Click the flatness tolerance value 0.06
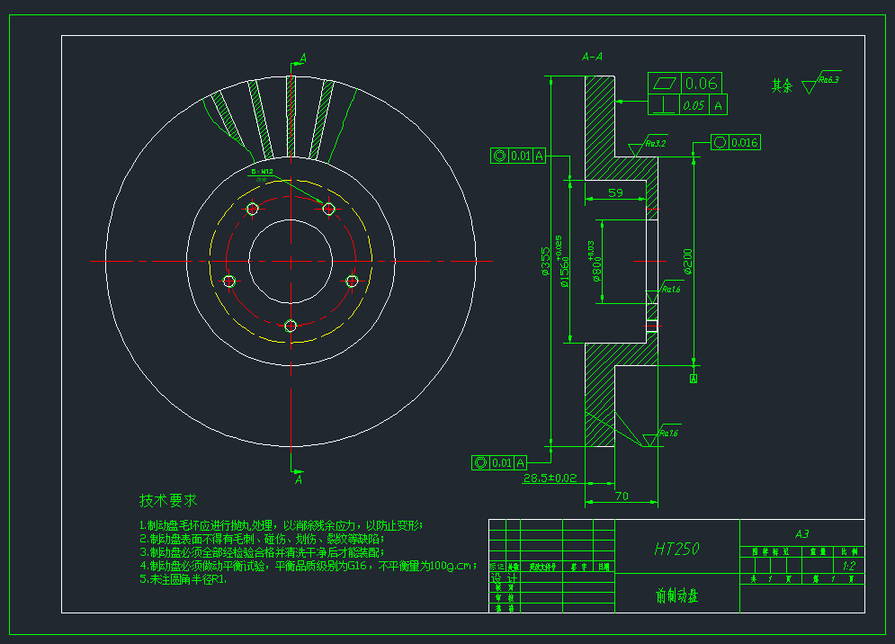pyautogui.click(x=702, y=84)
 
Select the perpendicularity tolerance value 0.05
pyautogui.click(x=693, y=105)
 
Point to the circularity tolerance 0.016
pyautogui.click(x=745, y=143)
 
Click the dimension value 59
pyautogui.click(x=616, y=192)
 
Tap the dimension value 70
pyautogui.click(x=622, y=496)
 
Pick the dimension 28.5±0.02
pyautogui.click(x=550, y=478)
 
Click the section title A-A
pyautogui.click(x=593, y=57)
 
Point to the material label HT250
pyautogui.click(x=677, y=548)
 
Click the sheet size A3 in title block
pyautogui.click(x=802, y=533)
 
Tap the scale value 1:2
pyautogui.click(x=848, y=567)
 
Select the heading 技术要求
pyautogui.click(x=168, y=499)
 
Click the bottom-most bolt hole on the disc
pyautogui.click(x=291, y=326)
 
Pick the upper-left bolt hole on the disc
pyautogui.click(x=252, y=209)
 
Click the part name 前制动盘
pyautogui.click(x=677, y=595)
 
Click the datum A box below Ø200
pyautogui.click(x=694, y=379)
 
